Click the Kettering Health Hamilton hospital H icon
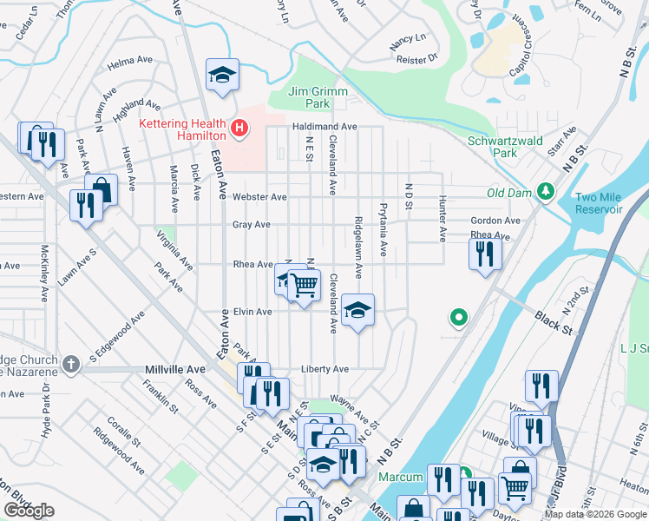coord(239,131)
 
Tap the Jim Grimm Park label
coord(310,96)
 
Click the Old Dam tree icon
coord(546,190)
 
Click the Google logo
coord(29,510)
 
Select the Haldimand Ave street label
coord(323,127)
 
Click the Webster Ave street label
coord(259,197)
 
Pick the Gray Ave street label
coord(251,224)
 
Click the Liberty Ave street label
coord(324,369)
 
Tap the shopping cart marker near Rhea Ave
coord(304,284)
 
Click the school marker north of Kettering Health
coord(221,75)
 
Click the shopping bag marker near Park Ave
coord(102,188)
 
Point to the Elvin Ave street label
coord(253,312)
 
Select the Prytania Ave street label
coord(383,229)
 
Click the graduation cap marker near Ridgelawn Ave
coord(357,310)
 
